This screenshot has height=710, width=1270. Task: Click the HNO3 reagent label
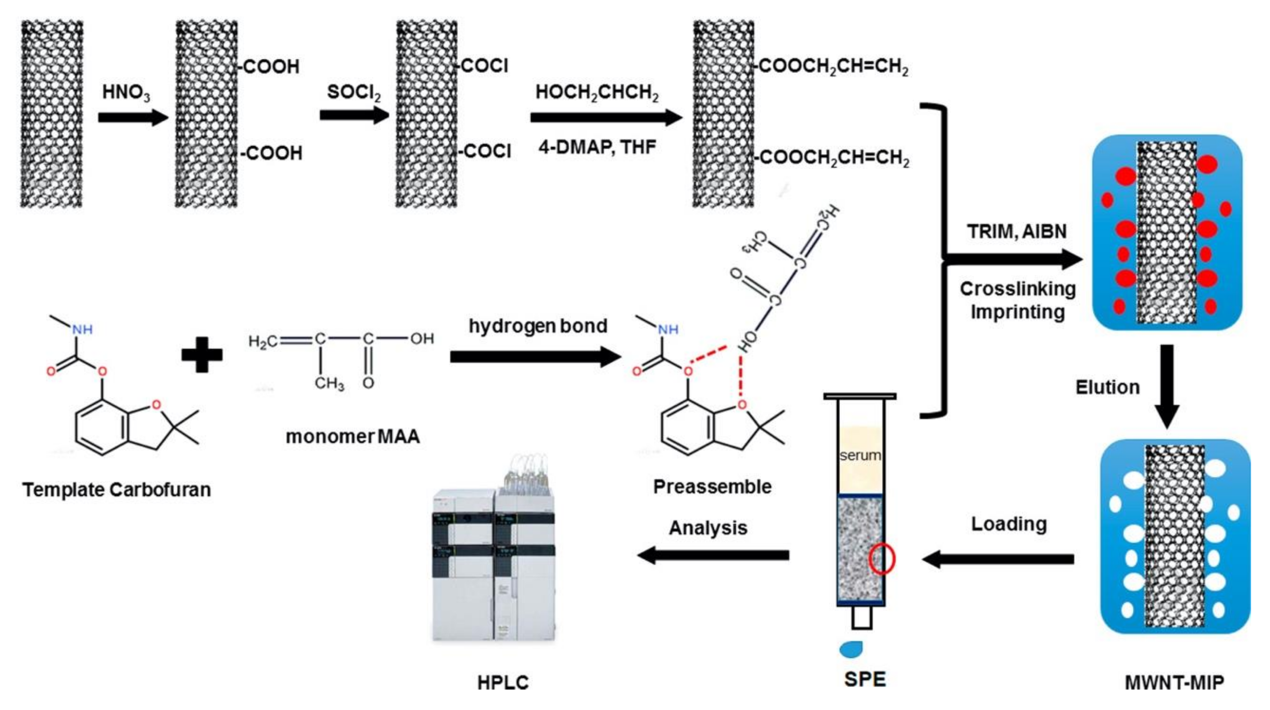coord(126,92)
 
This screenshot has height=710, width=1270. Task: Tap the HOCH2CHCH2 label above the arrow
coord(597,92)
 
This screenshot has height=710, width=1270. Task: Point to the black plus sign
coord(202,354)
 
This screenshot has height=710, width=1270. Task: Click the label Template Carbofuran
coord(117,490)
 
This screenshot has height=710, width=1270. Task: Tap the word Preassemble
coord(712,486)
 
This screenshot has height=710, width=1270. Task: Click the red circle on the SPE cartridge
coord(881,559)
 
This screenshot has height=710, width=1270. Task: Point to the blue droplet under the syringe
coord(851,649)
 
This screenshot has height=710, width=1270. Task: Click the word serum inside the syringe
coord(860,455)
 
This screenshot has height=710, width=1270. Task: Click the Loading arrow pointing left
coord(999,559)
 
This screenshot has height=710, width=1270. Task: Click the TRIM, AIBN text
coord(1017,232)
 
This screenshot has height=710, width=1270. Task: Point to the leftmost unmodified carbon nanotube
coord(51,113)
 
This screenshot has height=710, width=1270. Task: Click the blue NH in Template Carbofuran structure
coord(82,330)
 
